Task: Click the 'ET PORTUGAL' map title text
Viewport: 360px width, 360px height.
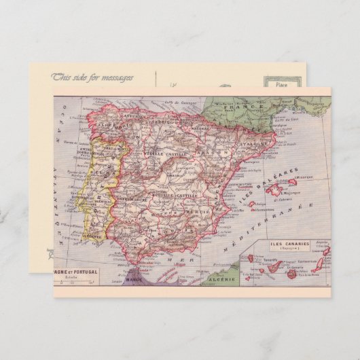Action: click(79, 272)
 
